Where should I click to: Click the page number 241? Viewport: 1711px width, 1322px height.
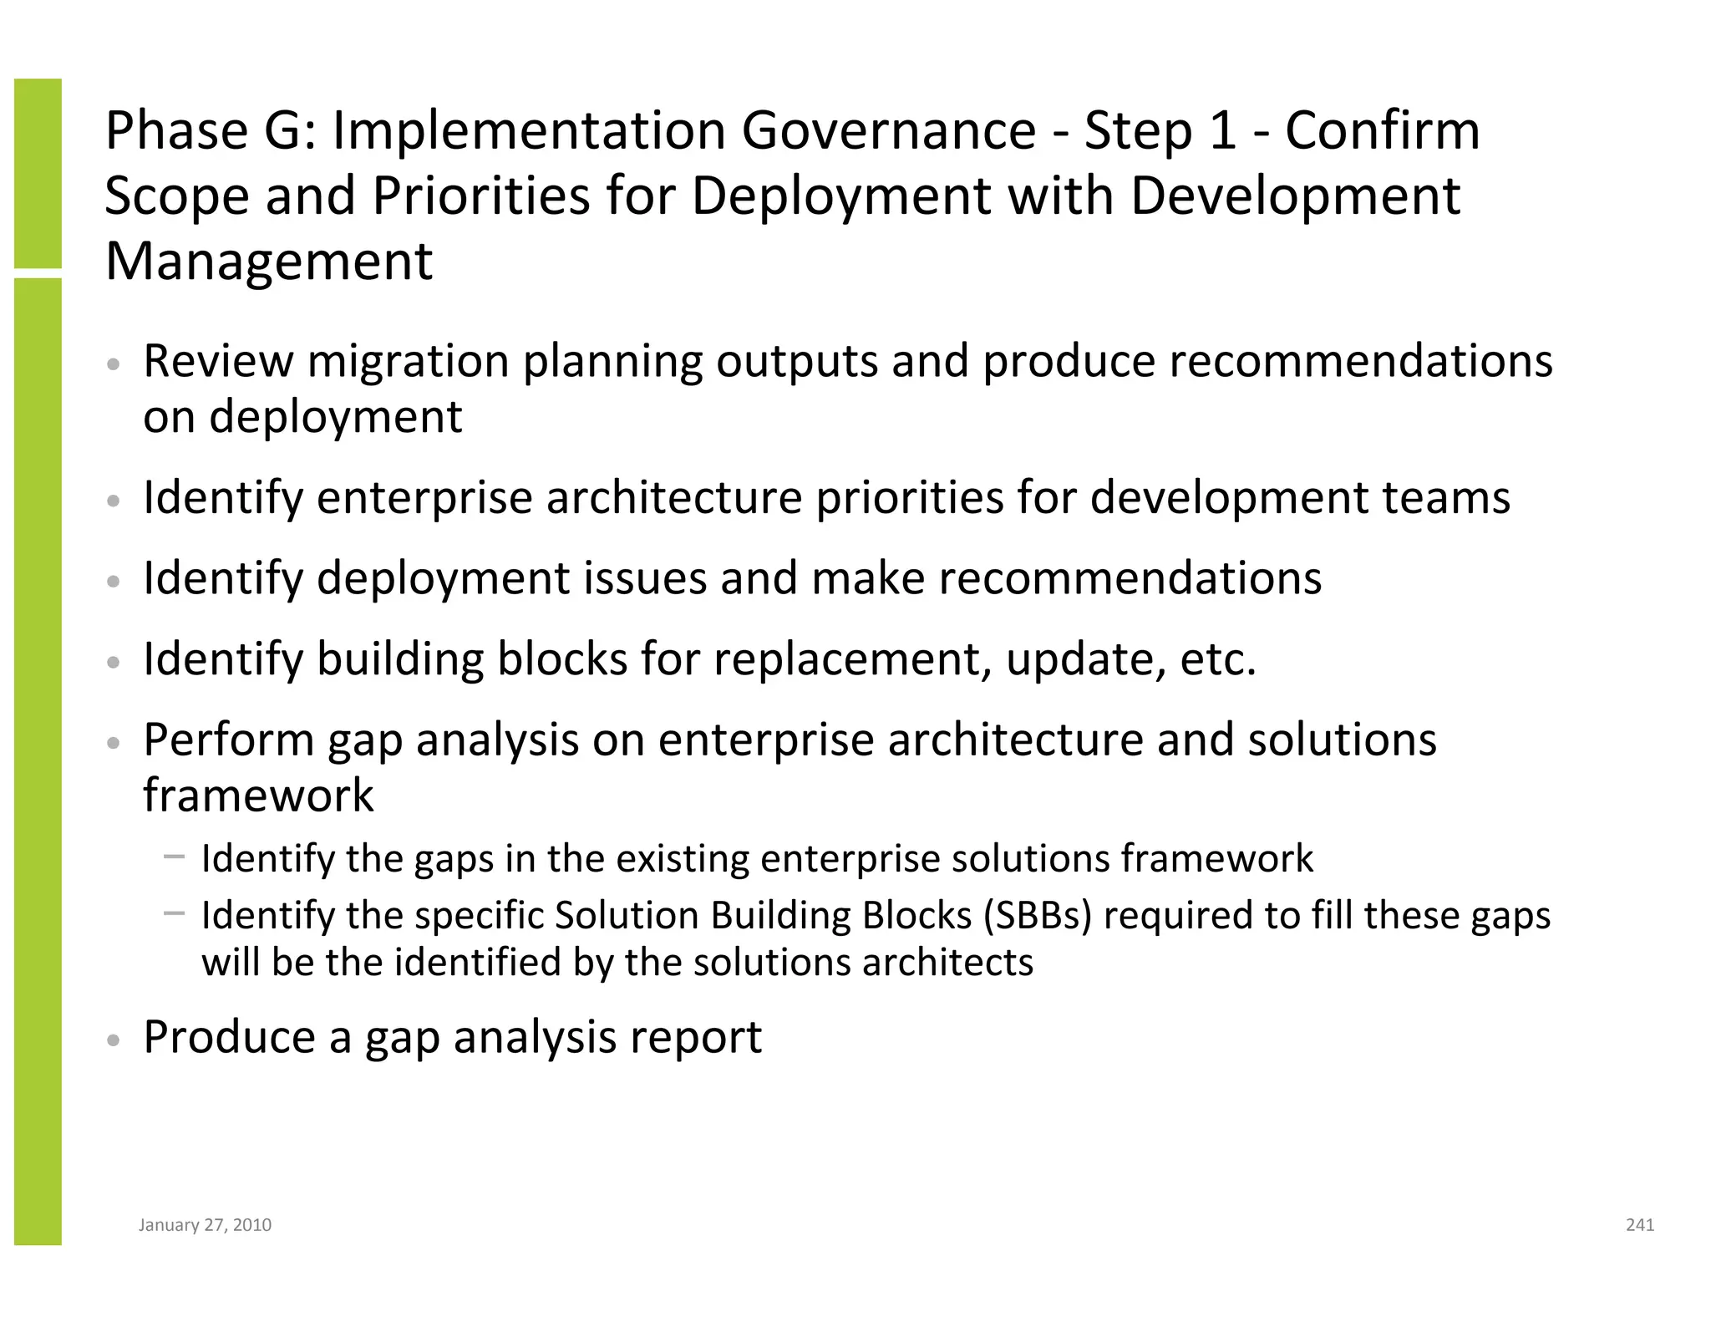(1639, 1225)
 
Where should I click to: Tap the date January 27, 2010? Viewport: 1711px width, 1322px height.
(205, 1225)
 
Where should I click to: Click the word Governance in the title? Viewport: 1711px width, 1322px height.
(888, 131)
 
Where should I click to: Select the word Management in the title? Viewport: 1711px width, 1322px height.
(269, 261)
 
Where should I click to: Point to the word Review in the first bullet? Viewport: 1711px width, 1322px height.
(218, 361)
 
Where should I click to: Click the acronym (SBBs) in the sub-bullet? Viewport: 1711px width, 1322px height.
(1038, 915)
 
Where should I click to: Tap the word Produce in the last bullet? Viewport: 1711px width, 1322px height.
(229, 1037)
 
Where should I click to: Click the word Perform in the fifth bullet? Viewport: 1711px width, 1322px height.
(228, 740)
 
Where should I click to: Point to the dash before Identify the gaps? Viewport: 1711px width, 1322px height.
(175, 856)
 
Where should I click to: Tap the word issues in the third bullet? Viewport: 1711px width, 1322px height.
(644, 578)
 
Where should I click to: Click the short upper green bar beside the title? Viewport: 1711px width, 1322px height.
(38, 173)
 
